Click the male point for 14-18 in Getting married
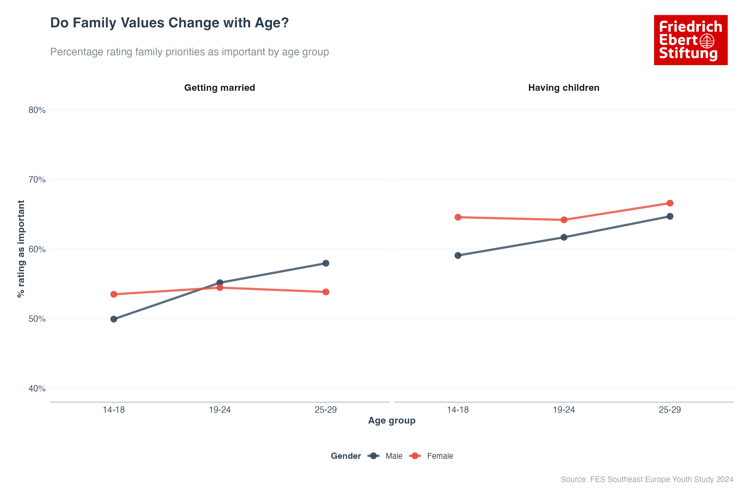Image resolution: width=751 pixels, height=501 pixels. [x=114, y=319]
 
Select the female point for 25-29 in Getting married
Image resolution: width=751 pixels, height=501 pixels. [x=326, y=292]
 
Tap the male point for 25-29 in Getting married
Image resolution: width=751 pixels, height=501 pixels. [x=326, y=263]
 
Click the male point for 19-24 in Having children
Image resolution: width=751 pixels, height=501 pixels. [x=564, y=237]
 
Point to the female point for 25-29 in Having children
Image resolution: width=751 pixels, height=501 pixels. [x=670, y=203]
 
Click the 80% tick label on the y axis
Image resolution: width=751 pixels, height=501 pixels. [x=37, y=110]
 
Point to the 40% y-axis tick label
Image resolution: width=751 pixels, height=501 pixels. [x=37, y=388]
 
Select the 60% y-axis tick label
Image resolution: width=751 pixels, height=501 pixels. [x=37, y=249]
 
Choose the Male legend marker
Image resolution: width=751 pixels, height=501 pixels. [x=373, y=456]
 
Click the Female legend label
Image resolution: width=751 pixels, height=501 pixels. [x=440, y=456]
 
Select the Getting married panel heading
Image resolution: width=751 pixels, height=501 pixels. [x=220, y=87]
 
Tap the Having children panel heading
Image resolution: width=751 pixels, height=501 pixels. [x=564, y=87]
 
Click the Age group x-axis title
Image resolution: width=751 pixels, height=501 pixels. [x=392, y=420]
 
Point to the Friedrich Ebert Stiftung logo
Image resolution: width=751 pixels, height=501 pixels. [x=691, y=40]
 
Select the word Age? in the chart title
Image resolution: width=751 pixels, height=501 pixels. [x=271, y=23]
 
